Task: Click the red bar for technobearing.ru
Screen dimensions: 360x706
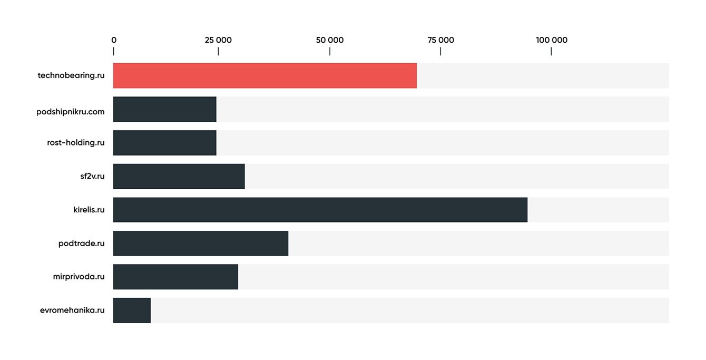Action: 264,75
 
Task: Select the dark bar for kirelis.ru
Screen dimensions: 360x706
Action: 320,210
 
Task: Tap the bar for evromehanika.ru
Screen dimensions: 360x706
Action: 132,310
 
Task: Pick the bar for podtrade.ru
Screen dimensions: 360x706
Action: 200,244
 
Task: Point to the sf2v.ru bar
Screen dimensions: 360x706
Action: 179,176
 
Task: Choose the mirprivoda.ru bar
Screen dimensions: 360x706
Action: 175,277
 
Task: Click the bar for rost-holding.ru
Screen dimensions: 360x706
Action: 164,143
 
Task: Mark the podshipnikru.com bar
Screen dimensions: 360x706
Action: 164,109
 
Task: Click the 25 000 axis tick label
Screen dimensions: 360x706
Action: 218,41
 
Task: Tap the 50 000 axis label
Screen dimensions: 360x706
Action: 330,41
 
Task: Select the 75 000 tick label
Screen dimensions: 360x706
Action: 440,41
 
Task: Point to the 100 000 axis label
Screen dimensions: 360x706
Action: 552,41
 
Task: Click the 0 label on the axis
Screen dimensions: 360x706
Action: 114,41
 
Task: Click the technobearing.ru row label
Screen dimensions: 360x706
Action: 71,75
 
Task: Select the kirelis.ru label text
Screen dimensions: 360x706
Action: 89,210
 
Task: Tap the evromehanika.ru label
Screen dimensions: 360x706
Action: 72,310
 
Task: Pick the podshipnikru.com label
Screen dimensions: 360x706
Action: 71,112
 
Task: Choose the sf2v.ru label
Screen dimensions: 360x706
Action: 89,176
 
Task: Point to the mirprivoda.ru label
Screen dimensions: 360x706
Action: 79,277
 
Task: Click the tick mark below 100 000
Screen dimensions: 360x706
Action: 551,51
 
